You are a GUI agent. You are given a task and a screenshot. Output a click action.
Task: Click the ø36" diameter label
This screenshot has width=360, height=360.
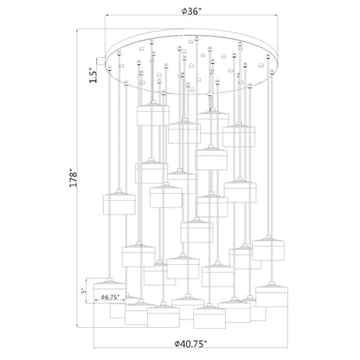pos(191,11)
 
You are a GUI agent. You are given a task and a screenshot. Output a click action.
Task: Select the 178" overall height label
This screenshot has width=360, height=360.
pos(74,179)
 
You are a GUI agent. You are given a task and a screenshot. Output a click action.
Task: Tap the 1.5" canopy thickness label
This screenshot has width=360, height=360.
pos(93,75)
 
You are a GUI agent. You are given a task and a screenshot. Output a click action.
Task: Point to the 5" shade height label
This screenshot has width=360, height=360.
pos(84,291)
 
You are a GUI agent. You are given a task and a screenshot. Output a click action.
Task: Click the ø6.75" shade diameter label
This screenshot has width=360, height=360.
pos(111,298)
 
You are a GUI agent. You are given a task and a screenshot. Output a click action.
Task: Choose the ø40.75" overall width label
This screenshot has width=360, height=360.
pos(190,344)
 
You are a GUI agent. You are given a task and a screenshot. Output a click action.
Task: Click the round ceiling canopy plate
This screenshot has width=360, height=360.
pos(192,61)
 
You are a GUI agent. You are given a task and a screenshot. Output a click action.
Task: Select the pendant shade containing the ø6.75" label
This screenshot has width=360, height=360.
pos(110,291)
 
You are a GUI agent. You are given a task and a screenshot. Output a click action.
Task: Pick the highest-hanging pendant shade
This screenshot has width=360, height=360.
pos(153,113)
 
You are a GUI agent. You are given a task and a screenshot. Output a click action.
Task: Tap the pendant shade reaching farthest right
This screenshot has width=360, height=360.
pos(272,294)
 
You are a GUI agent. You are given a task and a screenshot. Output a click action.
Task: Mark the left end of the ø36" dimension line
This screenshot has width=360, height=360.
pos(105,16)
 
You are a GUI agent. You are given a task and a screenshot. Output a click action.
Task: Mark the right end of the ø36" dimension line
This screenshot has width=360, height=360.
pos(278,16)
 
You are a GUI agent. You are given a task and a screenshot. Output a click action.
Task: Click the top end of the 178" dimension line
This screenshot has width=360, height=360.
pos(77,29)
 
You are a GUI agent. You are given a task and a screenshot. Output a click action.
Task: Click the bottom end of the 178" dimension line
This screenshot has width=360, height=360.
pos(77,327)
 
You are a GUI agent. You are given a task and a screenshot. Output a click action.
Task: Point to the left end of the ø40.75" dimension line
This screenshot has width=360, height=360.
pos(93,348)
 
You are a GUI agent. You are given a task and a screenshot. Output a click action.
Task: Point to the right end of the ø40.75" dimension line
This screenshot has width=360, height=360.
pos(288,348)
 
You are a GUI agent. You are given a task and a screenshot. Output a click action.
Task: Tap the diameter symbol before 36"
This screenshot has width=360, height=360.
pos(184,12)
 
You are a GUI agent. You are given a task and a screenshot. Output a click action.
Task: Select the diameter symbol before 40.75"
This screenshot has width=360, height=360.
pos(177,344)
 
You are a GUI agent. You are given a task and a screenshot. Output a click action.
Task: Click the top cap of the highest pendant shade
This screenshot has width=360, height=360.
pos(153,103)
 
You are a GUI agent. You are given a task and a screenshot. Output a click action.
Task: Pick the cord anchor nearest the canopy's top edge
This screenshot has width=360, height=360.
pos(196,37)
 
